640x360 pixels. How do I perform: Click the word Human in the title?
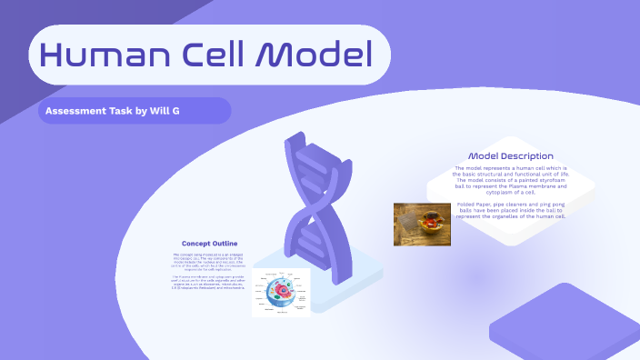[x=94, y=56]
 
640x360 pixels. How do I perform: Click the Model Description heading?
[x=510, y=156]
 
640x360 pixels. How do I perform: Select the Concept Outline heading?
[x=210, y=244]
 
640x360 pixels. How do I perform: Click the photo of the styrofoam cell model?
[x=423, y=225]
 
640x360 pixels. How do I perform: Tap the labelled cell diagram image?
[x=281, y=293]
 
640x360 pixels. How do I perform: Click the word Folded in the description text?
[x=466, y=205]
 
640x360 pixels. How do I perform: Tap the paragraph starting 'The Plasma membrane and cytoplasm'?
[x=210, y=282]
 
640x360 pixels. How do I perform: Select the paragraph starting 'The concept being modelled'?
[x=210, y=262]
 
